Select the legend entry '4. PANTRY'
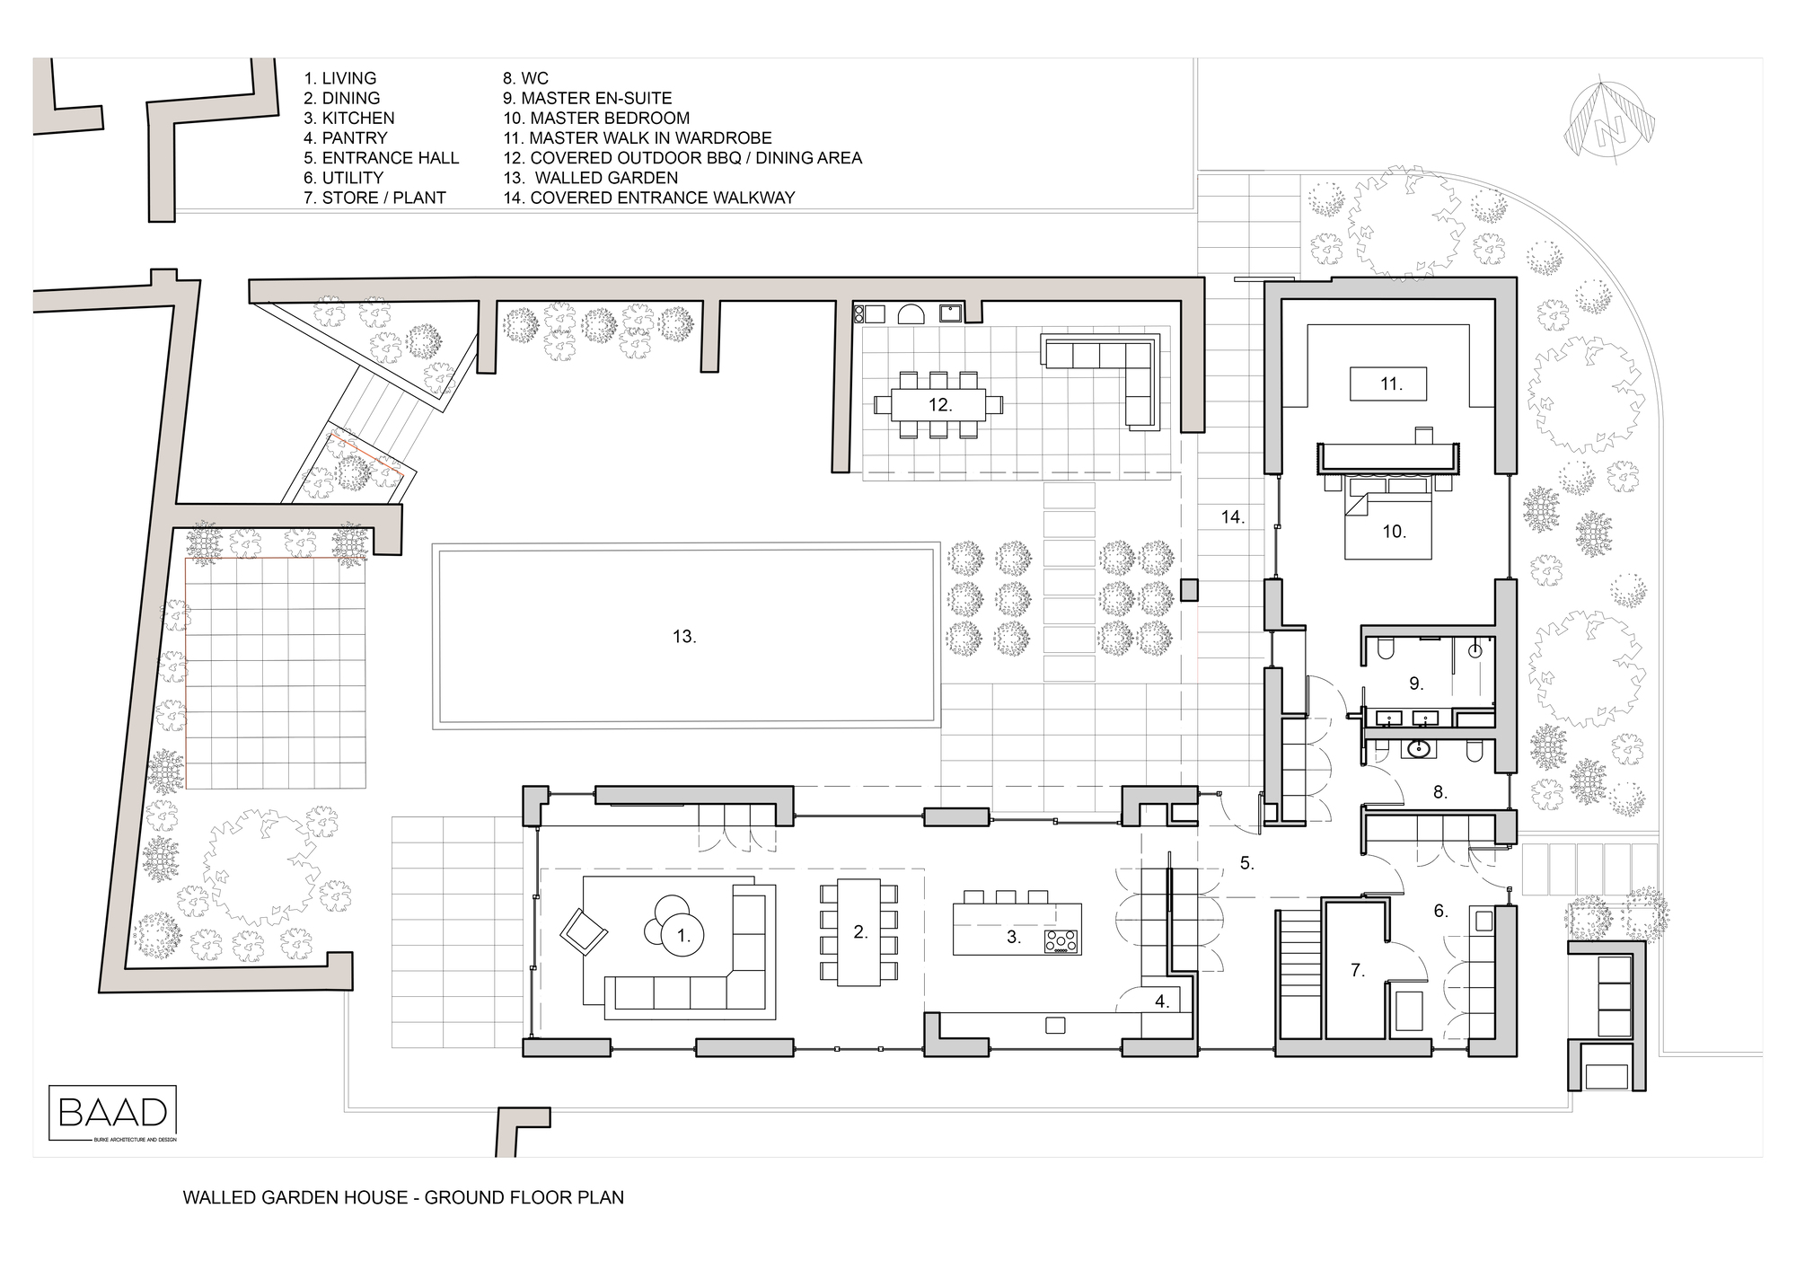pos(346,137)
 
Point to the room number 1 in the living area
pos(683,936)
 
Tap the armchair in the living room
pos(584,930)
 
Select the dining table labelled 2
pos(859,932)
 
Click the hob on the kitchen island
pos(1062,940)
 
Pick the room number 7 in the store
pos(1358,969)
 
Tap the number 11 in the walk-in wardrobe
pos(1390,384)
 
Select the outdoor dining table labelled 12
pos(939,405)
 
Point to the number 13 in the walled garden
pos(684,636)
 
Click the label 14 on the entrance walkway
pos(1232,516)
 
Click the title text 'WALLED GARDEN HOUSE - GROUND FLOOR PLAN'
pos(403,1197)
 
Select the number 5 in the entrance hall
pos(1246,863)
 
